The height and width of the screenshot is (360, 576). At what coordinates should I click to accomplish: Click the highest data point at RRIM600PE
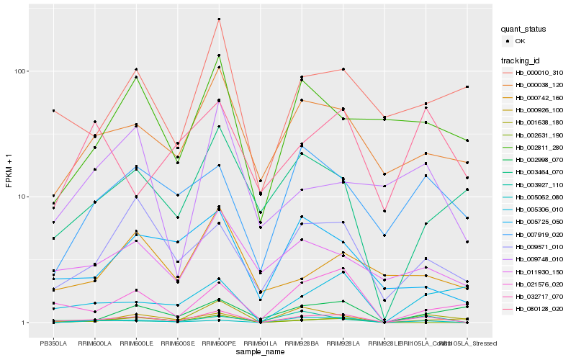click(219, 19)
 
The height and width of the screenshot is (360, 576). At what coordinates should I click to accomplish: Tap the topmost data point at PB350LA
click(53, 111)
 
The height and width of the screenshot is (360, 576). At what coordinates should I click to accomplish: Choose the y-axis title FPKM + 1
click(9, 176)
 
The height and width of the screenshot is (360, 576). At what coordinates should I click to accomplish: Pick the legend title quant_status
click(525, 30)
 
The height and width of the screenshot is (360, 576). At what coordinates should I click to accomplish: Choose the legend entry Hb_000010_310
click(539, 73)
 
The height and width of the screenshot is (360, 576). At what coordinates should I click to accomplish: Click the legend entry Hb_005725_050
click(539, 222)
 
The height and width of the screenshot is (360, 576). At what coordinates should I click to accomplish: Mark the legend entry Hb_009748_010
click(539, 259)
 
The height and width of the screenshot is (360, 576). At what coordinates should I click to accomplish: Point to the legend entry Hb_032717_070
click(539, 297)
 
